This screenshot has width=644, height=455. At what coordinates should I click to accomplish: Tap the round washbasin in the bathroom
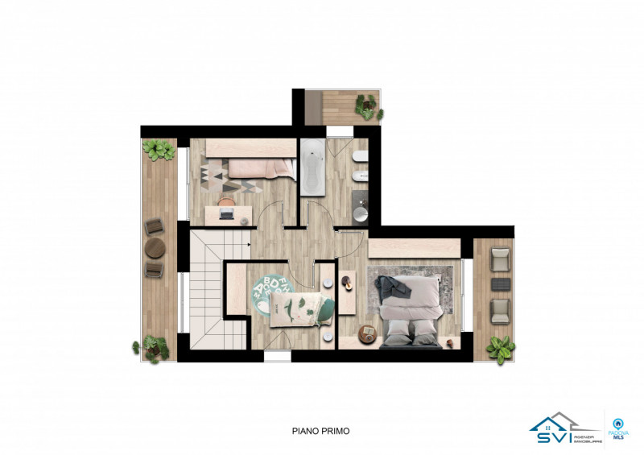(361, 213)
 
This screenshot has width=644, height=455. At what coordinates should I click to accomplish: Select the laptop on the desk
(225, 214)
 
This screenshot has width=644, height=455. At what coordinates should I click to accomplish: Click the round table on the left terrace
(152, 247)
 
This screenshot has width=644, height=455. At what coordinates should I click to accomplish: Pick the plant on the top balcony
(365, 105)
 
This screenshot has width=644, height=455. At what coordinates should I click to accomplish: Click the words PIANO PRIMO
(320, 432)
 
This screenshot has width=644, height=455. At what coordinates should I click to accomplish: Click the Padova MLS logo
(618, 428)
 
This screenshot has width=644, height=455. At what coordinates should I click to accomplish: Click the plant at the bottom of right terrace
(500, 349)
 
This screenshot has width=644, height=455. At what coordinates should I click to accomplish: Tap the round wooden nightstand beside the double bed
(368, 332)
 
